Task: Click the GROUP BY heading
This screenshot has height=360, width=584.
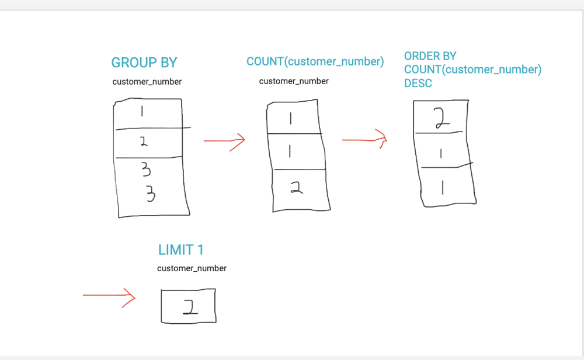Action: [144, 63]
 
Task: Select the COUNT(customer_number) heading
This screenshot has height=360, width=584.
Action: [315, 61]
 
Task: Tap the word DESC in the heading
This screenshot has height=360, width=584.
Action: [418, 84]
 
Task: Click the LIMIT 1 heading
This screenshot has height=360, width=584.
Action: [181, 250]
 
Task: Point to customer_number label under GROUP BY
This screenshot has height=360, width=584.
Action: [147, 82]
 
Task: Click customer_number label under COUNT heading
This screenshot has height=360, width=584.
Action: [294, 81]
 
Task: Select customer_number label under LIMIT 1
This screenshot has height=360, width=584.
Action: [192, 268]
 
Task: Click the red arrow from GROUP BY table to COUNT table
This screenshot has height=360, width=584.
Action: [224, 141]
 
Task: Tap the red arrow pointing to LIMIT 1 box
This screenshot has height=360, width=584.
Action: [109, 296]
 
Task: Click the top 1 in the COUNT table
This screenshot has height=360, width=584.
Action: [291, 119]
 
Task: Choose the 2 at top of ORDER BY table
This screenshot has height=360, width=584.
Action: [441, 118]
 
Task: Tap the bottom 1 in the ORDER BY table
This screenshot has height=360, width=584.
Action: [443, 187]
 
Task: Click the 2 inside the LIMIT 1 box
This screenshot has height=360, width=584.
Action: [189, 306]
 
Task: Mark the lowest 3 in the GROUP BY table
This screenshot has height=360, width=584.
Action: [151, 193]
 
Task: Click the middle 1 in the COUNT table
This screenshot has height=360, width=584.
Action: [291, 152]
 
